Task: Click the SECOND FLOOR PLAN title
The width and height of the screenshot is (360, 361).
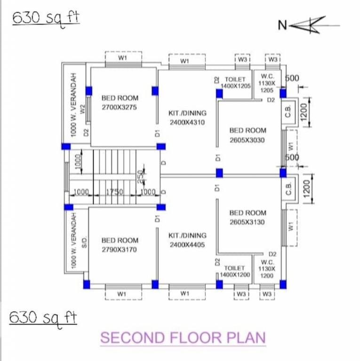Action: pos(183,337)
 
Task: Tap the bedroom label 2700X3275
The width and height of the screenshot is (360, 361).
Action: pos(120,102)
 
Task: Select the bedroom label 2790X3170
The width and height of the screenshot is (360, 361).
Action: pos(120,245)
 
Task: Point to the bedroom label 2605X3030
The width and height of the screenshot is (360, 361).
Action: pos(248,135)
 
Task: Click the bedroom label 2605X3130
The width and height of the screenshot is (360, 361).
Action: pos(248,217)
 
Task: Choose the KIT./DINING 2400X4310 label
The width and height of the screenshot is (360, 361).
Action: pos(187,118)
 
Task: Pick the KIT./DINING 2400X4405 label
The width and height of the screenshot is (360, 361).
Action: pos(187,240)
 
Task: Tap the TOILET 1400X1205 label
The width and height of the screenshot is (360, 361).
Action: pos(236,82)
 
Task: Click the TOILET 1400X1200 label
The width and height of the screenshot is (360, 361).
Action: pos(235,271)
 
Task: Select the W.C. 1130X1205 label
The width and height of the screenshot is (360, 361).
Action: pos(267,83)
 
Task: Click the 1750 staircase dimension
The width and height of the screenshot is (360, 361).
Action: pos(114,192)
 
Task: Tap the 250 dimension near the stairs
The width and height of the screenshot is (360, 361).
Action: pos(140,175)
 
